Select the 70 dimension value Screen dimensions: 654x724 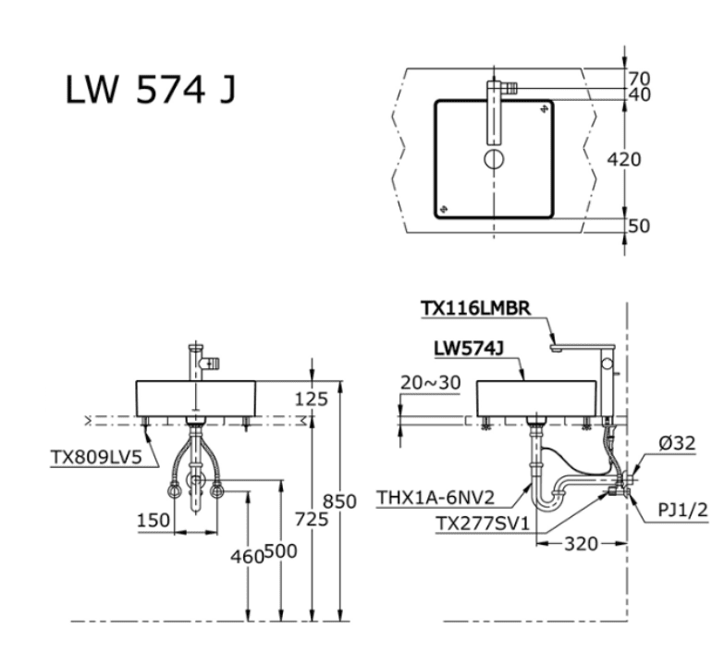tap(639, 78)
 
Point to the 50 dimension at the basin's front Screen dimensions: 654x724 tap(639, 225)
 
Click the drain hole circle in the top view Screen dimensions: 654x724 tap(494, 159)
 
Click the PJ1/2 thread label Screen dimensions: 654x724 tap(684, 507)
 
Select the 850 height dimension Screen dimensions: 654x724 tap(339, 500)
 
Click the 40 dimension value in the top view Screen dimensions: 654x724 tap(639, 94)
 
